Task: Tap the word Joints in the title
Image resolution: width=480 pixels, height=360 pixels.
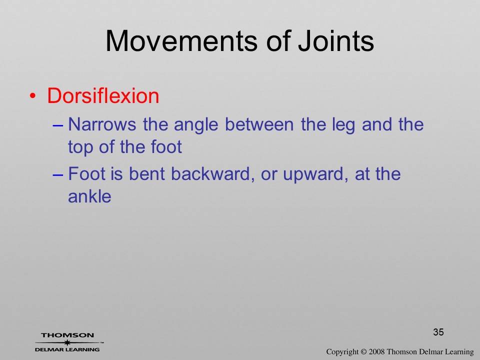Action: click(x=336, y=41)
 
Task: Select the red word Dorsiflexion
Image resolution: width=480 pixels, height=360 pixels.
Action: click(x=103, y=96)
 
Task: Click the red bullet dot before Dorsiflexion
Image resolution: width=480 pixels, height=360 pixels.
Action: click(x=32, y=96)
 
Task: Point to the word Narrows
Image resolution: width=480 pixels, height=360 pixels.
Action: click(x=102, y=124)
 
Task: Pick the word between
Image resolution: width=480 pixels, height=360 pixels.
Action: click(x=259, y=124)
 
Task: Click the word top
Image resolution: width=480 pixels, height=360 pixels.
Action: click(x=79, y=147)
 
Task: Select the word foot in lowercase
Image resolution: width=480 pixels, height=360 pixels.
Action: click(x=166, y=146)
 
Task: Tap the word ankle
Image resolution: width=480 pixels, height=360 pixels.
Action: click(x=89, y=196)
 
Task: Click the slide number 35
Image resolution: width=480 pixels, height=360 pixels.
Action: click(x=438, y=332)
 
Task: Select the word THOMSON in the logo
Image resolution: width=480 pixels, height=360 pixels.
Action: click(x=67, y=335)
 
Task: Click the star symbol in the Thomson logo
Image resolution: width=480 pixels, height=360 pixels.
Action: click(x=67, y=342)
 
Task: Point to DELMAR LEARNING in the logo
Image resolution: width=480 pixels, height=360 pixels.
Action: click(x=67, y=349)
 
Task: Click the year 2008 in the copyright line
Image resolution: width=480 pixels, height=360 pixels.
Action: click(x=376, y=351)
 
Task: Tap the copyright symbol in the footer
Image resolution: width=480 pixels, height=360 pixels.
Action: click(x=363, y=352)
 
